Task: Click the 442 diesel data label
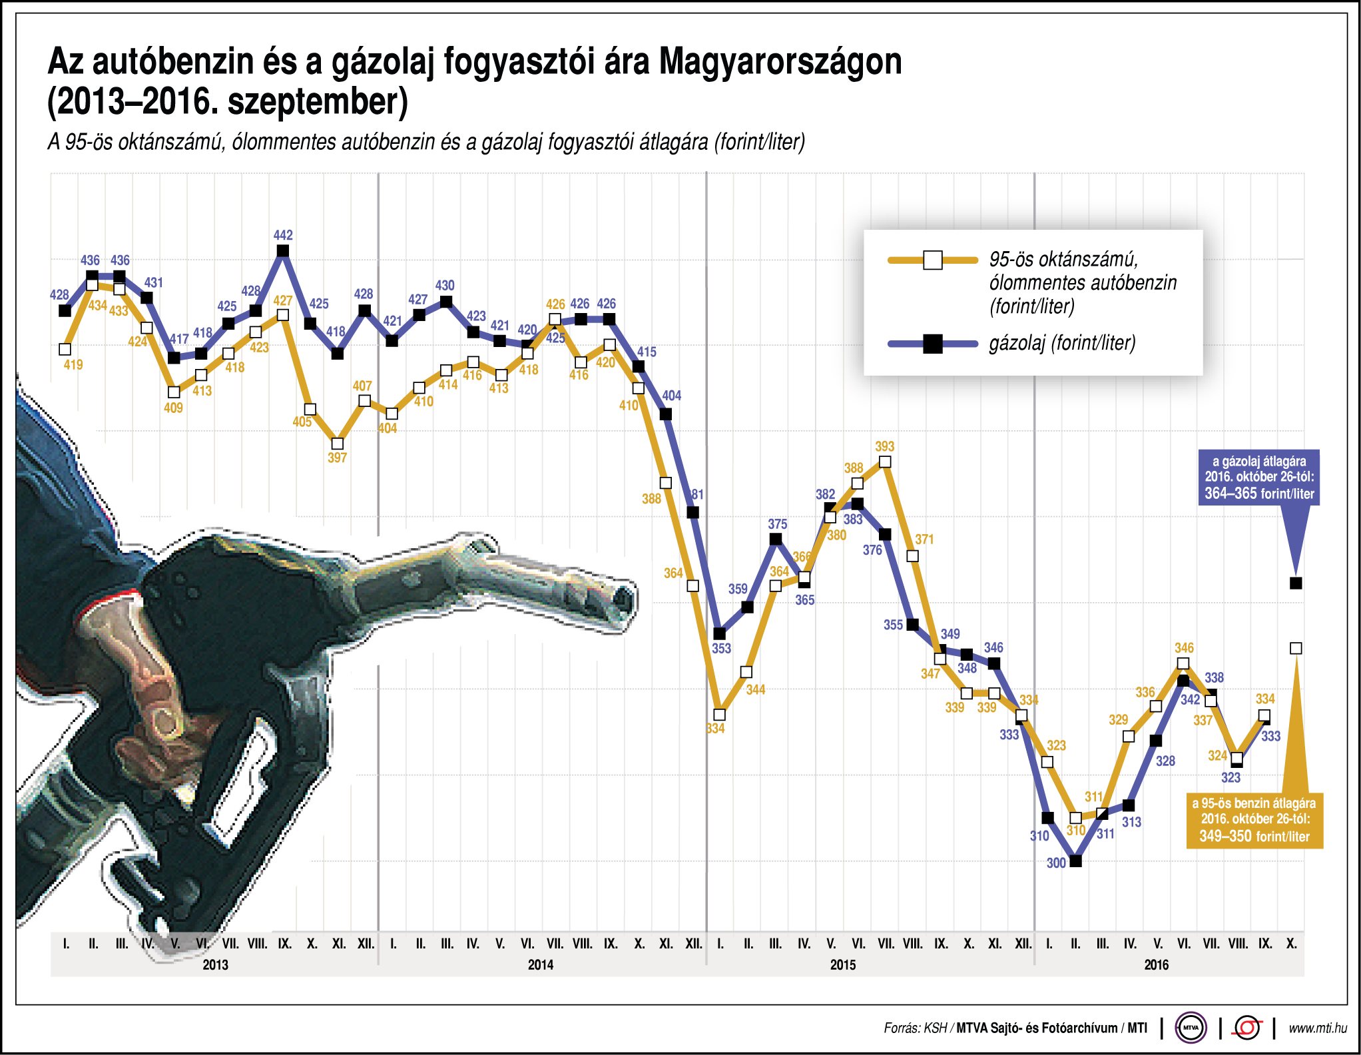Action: click(x=283, y=235)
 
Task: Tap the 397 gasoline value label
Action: click(x=337, y=458)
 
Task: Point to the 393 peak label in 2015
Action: click(x=884, y=446)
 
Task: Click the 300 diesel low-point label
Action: click(x=1056, y=863)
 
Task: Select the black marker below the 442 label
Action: click(x=283, y=251)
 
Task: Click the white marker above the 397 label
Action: click(x=338, y=444)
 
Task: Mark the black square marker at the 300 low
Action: click(x=1075, y=861)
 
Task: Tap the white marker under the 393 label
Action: click(x=885, y=462)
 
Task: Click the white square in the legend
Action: click(x=933, y=260)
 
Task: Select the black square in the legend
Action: click(x=933, y=344)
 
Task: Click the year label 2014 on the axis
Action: click(x=540, y=964)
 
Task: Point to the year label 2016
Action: click(x=1156, y=964)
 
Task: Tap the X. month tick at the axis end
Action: click(x=1291, y=944)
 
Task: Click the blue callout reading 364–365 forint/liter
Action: click(x=1258, y=478)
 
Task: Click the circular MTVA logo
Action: click(x=1191, y=1028)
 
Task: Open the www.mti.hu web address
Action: click(x=1318, y=1028)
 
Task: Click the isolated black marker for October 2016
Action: click(x=1296, y=583)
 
